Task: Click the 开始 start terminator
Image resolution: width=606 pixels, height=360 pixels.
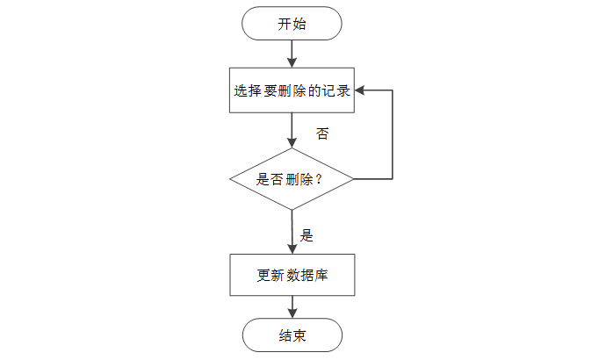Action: (292, 24)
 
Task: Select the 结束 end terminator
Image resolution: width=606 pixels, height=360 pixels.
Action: (292, 335)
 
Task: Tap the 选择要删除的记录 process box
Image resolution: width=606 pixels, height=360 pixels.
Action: (292, 90)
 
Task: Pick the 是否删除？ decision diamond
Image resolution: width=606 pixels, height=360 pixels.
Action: (292, 179)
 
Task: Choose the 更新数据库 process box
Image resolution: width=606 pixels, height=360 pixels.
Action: (292, 275)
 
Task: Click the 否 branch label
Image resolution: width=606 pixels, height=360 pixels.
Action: (323, 134)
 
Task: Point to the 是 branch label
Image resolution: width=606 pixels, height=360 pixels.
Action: (307, 235)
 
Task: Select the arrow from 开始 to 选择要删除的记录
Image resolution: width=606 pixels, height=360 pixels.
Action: (292, 54)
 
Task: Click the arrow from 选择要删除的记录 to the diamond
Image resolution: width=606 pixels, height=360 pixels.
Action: (292, 129)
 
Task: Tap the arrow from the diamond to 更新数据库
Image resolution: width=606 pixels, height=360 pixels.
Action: (292, 231)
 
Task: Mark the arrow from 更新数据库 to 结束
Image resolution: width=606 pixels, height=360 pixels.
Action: (292, 306)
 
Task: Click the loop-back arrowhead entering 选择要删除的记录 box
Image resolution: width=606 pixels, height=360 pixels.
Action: (360, 90)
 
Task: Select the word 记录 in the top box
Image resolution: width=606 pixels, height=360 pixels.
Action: (338, 90)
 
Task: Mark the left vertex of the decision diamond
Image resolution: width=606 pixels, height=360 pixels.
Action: (230, 179)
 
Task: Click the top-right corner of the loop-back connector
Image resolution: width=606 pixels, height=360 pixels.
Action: (392, 90)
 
